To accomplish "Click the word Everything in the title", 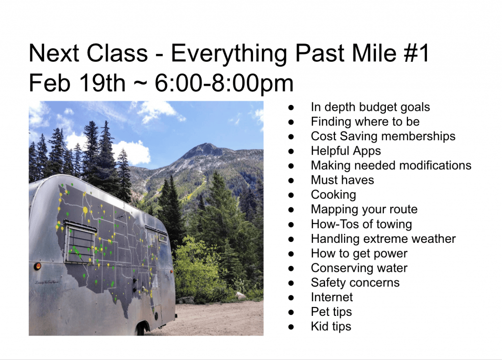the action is click(x=229, y=53).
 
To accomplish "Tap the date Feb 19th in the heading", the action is click(x=77, y=83).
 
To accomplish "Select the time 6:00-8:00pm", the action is click(x=224, y=83).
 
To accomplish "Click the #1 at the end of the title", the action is click(x=416, y=53).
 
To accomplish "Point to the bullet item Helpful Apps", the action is click(x=346, y=151).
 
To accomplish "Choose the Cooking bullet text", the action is click(x=333, y=195).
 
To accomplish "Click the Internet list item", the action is click(x=332, y=297).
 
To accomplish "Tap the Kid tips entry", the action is click(x=331, y=326).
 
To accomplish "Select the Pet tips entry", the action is click(x=331, y=311).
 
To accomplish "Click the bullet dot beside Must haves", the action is click(x=291, y=180).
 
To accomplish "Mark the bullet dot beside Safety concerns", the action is click(x=291, y=283).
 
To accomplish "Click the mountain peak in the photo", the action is click(x=206, y=146).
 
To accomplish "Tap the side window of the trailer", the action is click(x=80, y=241).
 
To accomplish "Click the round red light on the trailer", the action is click(x=37, y=266).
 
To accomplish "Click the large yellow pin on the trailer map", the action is click(x=85, y=210).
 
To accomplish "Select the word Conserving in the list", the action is click(x=342, y=268).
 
